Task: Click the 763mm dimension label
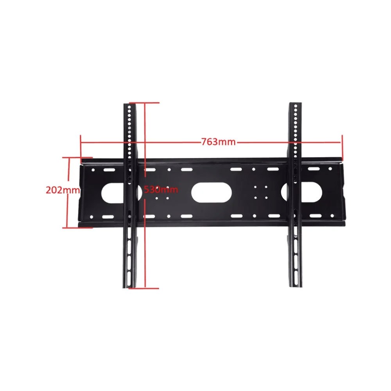click(x=218, y=142)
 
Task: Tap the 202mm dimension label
click(x=63, y=190)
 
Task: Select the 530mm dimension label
click(x=161, y=190)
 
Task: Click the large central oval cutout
click(x=212, y=192)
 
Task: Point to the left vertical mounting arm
click(x=130, y=196)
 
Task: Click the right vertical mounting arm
click(x=295, y=195)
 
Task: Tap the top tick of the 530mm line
click(x=144, y=102)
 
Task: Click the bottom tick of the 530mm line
click(x=144, y=289)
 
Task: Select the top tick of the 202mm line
click(x=77, y=158)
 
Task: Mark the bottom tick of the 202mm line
click(x=77, y=228)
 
